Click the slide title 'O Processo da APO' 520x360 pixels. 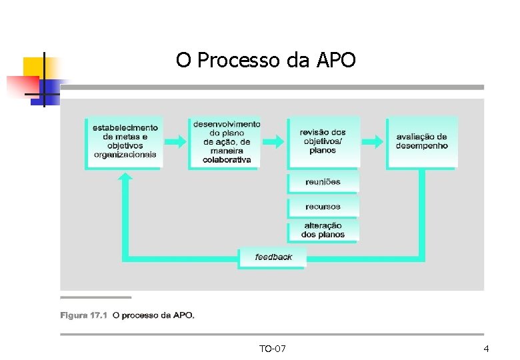pyautogui.click(x=266, y=61)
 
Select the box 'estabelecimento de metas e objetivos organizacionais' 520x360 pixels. pyautogui.click(x=125, y=141)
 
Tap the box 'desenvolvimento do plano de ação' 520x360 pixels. pyautogui.click(x=226, y=141)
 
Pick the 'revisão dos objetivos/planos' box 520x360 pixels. pyautogui.click(x=323, y=141)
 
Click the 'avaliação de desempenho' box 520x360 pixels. pyautogui.click(x=421, y=141)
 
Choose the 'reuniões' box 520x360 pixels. pyautogui.click(x=323, y=181)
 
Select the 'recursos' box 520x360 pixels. pyautogui.click(x=323, y=207)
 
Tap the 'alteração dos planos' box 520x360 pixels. pyautogui.click(x=323, y=231)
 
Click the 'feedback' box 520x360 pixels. pyautogui.click(x=273, y=257)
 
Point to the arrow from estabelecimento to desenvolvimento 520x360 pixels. pyautogui.click(x=175, y=141)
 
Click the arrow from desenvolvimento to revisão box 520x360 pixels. pyautogui.click(x=273, y=141)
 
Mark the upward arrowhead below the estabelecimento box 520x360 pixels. pyautogui.click(x=125, y=177)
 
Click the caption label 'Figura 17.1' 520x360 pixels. pyautogui.click(x=83, y=315)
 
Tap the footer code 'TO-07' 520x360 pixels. pyautogui.click(x=273, y=349)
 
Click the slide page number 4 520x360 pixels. pyautogui.click(x=486, y=349)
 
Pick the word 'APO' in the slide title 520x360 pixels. pyautogui.click(x=336, y=61)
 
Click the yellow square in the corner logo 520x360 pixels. pyautogui.click(x=35, y=67)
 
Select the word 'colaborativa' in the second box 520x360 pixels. pyautogui.click(x=227, y=160)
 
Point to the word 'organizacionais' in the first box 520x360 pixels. pyautogui.click(x=125, y=155)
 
